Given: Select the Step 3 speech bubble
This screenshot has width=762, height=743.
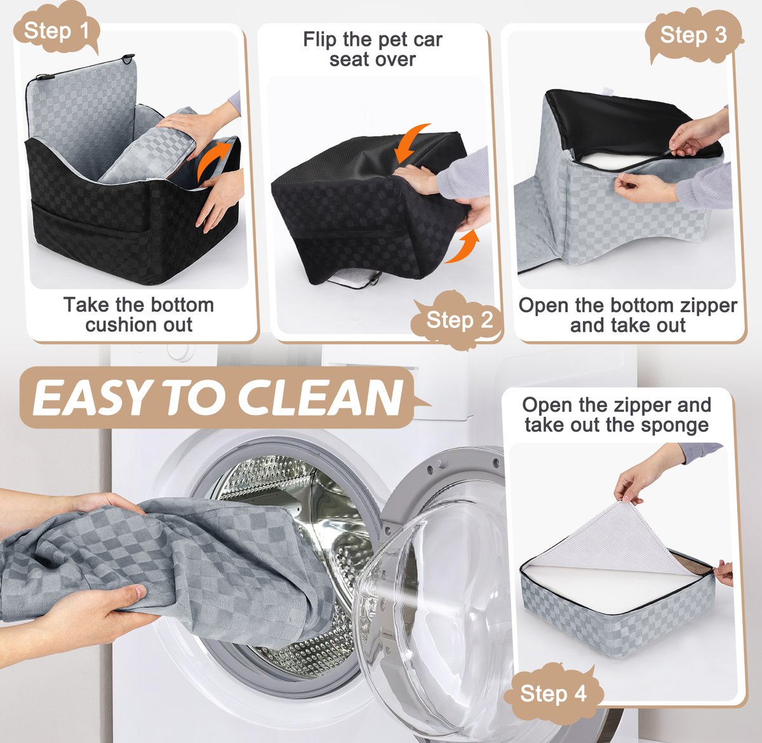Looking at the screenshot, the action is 693,35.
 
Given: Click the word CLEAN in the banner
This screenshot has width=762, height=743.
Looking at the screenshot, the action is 320,397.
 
